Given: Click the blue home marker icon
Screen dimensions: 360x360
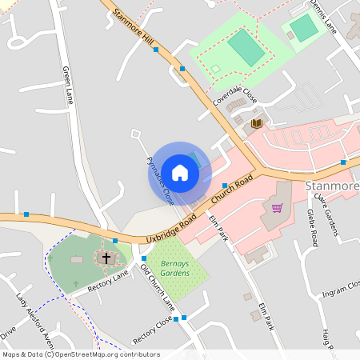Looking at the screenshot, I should pos(180,173).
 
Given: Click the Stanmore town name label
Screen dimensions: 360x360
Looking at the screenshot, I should pos(333,186).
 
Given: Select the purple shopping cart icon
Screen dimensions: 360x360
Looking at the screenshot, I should pos(277,208).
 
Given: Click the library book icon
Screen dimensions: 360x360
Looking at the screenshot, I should pos(257,123).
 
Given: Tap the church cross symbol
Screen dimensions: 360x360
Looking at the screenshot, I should pos(105,258).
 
